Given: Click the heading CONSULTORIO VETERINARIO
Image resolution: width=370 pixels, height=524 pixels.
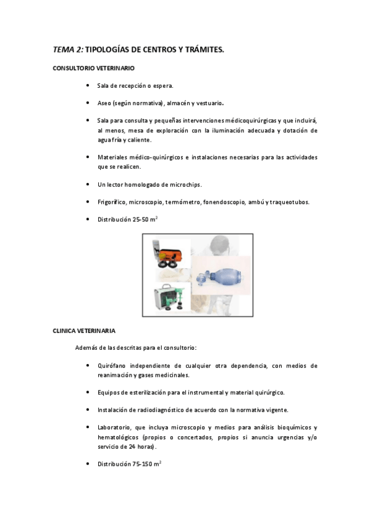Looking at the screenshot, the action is point(93,67).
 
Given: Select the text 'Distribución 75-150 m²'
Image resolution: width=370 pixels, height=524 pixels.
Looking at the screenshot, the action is point(129,463).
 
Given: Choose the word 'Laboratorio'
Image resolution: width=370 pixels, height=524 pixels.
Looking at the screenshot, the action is point(115,428).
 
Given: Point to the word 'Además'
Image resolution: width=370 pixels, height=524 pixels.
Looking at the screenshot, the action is point(86,349).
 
